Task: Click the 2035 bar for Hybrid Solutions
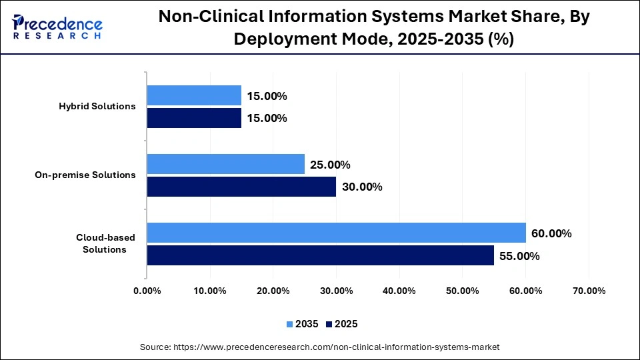[194, 95]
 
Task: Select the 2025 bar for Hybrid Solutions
[194, 118]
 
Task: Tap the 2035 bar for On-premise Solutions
[225, 164]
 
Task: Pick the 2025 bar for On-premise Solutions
[241, 187]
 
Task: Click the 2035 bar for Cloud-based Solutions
[336, 233]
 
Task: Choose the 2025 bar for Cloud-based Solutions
[320, 255]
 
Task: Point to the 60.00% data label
[551, 233]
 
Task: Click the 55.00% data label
[519, 256]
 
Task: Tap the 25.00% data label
[330, 165]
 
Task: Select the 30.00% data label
[362, 187]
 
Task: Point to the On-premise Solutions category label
[85, 175]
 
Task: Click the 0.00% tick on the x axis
[147, 291]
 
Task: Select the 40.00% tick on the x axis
[399, 291]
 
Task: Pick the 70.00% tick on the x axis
[589, 291]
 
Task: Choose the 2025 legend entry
[341, 324]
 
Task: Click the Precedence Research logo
[57, 27]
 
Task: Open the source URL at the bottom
[319, 347]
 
